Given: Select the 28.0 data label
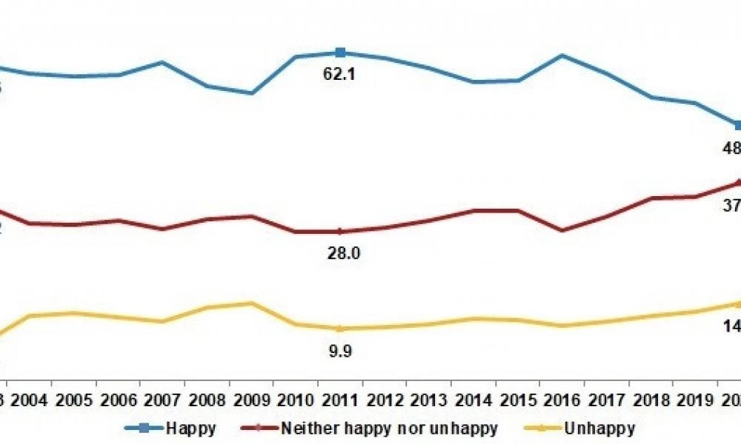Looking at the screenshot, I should click(343, 254).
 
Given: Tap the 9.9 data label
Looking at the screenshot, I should click(339, 351).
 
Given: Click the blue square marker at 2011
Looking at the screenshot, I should click(340, 52).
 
